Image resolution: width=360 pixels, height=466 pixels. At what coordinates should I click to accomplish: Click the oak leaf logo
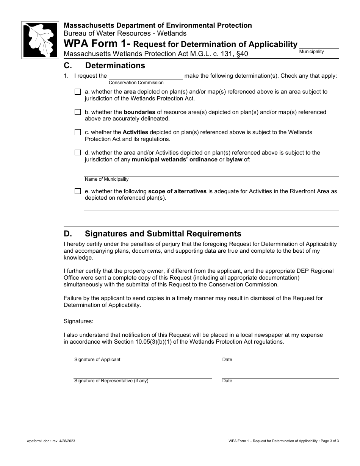(x=40, y=39)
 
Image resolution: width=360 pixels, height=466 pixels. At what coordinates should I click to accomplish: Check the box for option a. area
(x=78, y=92)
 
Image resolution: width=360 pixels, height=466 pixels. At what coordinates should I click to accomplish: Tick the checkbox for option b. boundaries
(x=78, y=112)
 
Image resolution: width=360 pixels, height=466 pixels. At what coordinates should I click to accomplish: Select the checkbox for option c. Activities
(x=78, y=133)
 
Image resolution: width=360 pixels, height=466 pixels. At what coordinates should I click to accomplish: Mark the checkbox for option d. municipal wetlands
(x=78, y=153)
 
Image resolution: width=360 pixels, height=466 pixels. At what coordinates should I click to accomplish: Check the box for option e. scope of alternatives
(x=78, y=191)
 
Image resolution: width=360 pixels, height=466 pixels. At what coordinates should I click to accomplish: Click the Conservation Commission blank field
(x=146, y=76)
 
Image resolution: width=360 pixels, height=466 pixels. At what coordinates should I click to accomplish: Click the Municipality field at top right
(x=319, y=46)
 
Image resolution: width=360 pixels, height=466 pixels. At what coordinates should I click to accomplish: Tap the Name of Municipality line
(x=211, y=173)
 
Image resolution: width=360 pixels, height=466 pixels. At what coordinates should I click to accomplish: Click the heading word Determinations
(x=115, y=66)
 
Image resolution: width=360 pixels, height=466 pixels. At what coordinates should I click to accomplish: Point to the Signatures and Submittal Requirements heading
(x=163, y=234)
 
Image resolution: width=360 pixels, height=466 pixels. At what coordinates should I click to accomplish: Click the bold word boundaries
(x=139, y=112)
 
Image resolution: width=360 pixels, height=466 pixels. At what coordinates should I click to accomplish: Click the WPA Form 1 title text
(x=96, y=44)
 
